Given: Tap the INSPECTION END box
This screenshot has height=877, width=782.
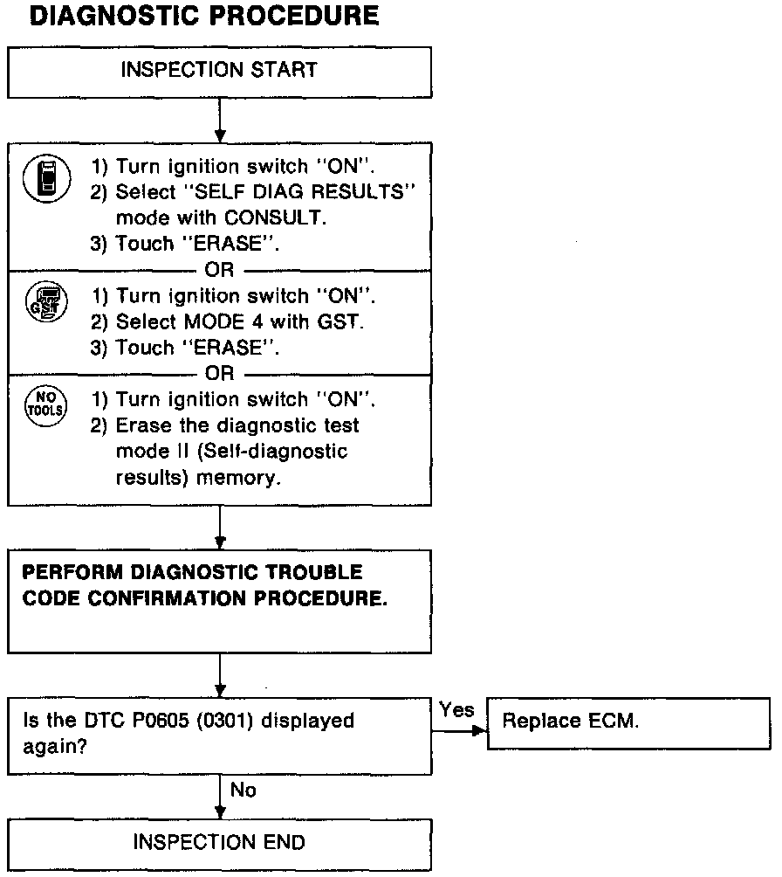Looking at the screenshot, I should pyautogui.click(x=219, y=842).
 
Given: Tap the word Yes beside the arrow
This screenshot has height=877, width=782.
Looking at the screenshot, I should pyautogui.click(x=456, y=710).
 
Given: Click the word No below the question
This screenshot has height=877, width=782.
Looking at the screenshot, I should pyautogui.click(x=244, y=790).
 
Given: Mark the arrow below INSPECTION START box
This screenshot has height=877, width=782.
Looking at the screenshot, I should pyautogui.click(x=220, y=122).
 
